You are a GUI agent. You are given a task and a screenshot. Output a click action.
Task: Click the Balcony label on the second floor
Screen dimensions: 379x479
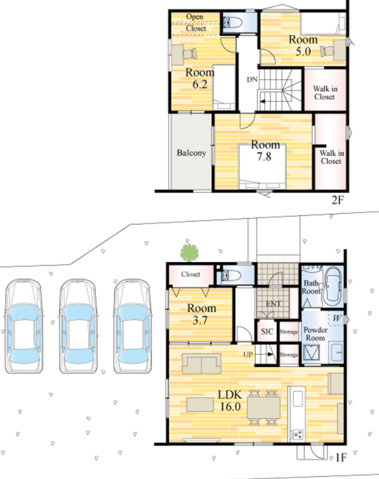192,153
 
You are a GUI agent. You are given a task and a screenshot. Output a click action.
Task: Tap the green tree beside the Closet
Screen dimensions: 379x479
189,253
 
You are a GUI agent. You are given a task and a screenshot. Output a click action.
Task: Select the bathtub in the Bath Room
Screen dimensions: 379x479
332,287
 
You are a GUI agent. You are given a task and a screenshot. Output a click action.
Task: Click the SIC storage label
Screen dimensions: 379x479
267,331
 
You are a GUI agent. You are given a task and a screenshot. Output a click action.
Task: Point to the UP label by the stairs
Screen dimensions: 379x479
248,354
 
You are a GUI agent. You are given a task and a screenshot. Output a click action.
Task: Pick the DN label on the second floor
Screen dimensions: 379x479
252,79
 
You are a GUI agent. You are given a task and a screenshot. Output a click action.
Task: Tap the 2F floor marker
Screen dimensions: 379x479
337,200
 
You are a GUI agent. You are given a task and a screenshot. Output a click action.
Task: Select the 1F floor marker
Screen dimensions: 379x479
341,457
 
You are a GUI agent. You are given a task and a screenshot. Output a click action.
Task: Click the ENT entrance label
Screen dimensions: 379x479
273,304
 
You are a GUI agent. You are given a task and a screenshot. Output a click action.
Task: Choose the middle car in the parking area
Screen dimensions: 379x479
78,326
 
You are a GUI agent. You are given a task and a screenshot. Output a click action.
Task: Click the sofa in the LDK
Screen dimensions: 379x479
201,363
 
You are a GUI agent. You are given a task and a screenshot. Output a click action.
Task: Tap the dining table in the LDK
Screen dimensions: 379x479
263,407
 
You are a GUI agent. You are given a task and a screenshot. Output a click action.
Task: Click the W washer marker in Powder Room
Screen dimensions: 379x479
337,318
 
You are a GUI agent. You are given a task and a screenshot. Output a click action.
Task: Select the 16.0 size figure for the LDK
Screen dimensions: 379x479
230,407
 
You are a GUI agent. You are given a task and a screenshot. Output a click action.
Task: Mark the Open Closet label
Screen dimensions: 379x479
196,22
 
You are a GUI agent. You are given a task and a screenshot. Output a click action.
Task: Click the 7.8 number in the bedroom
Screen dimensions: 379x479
264,157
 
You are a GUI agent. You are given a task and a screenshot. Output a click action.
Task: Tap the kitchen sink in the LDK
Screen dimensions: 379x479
298,398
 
